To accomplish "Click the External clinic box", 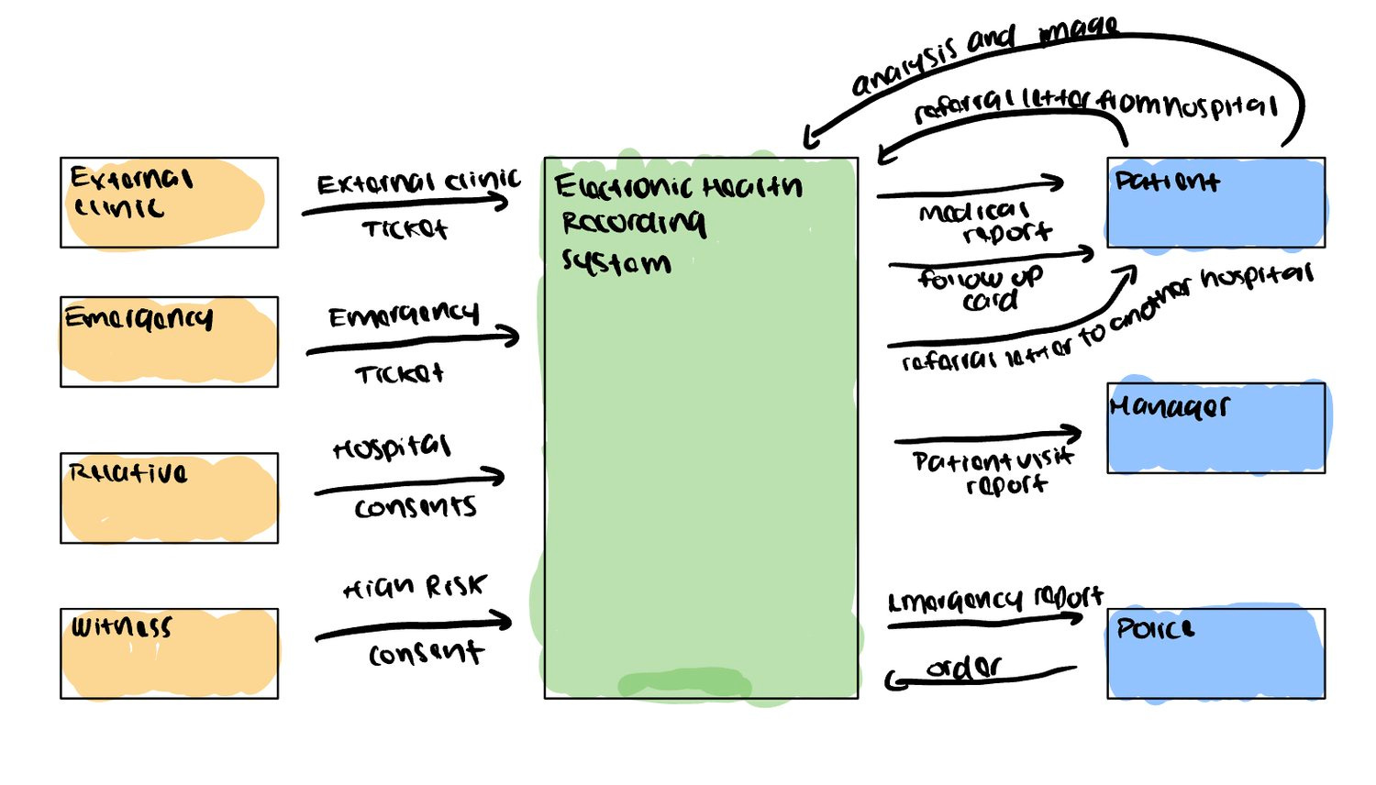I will [x=169, y=203].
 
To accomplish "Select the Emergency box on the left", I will [x=169, y=342].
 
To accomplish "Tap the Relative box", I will [x=169, y=498].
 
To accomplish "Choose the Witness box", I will [x=169, y=654].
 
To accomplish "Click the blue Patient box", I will [x=1215, y=203].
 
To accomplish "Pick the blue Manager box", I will [x=1215, y=428].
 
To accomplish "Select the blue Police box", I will [x=1215, y=654].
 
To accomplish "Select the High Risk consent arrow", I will [x=413, y=628].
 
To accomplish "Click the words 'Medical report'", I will [x=982, y=222].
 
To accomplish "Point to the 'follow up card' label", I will [x=982, y=288].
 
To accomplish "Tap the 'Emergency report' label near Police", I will [x=995, y=600].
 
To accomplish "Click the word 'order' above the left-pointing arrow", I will [x=963, y=667].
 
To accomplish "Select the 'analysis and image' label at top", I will [x=982, y=55].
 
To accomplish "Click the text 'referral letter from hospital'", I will [x=1096, y=106].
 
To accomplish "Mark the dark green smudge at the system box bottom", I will [x=684, y=684].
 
